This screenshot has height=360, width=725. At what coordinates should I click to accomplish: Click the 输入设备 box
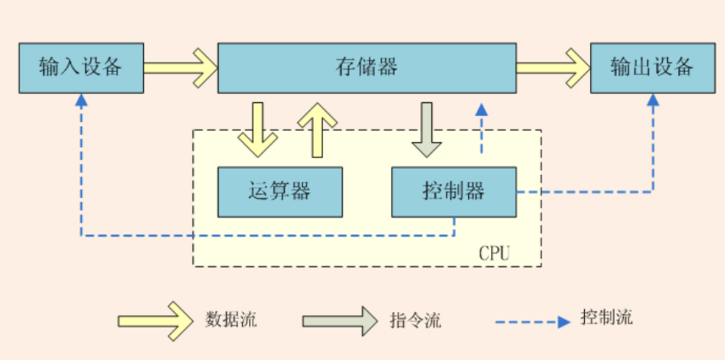[x=80, y=67]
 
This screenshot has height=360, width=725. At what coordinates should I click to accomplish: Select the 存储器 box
[x=366, y=67]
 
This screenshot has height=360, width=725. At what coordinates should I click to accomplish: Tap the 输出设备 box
[x=652, y=67]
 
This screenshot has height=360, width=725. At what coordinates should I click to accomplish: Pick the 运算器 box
[x=280, y=192]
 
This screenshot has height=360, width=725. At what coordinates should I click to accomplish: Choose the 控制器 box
[x=454, y=192]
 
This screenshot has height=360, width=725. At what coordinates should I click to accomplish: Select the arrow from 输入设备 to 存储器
[x=180, y=67]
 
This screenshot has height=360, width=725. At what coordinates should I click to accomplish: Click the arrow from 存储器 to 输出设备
[x=553, y=67]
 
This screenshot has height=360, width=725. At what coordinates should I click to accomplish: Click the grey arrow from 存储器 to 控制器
[x=426, y=129]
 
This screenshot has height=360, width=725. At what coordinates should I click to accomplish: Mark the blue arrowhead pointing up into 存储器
[x=482, y=108]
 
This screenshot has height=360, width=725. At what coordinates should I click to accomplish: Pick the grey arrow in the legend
[x=340, y=321]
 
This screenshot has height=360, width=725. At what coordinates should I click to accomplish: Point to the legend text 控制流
[x=606, y=317]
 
